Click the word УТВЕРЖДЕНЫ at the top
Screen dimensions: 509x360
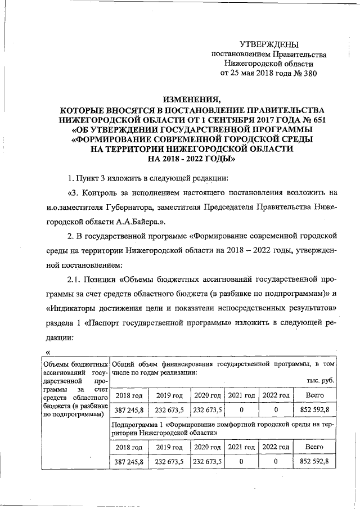coord(269,44)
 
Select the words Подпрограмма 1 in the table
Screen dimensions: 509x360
coord(141,424)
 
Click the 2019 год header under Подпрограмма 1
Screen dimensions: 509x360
coord(170,447)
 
